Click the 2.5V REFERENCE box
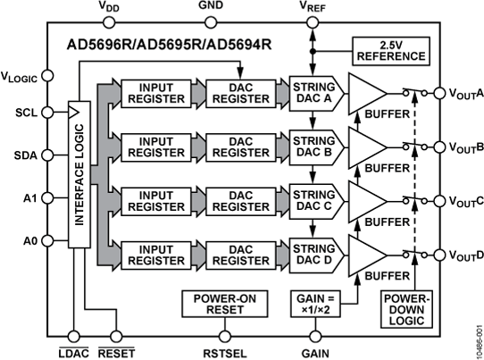[389, 51]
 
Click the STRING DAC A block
[313, 93]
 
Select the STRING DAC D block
[313, 254]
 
